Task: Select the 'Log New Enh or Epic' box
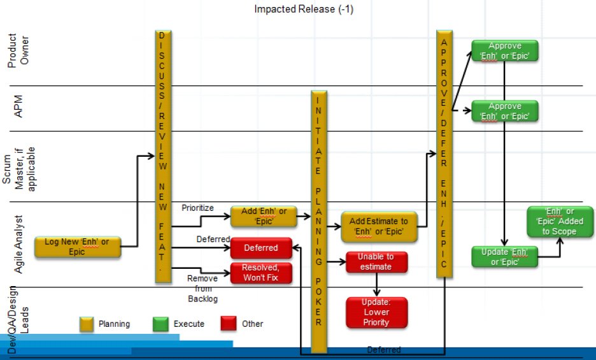point(78,247)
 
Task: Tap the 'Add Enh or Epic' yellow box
point(264,217)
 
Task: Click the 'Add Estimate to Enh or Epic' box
point(380,227)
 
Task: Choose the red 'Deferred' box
point(261,248)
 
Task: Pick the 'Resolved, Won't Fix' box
point(261,273)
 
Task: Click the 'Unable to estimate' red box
point(376,262)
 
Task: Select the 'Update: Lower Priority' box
point(376,312)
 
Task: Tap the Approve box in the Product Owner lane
point(505,51)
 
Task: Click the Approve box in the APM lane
point(505,111)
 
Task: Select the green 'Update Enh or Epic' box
point(504,257)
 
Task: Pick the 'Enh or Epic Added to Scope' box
point(560,222)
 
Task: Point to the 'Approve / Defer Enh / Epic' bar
point(444,153)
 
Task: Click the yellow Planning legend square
point(87,324)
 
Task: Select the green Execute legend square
point(160,324)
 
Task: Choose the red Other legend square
point(229,324)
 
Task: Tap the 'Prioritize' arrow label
point(198,208)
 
